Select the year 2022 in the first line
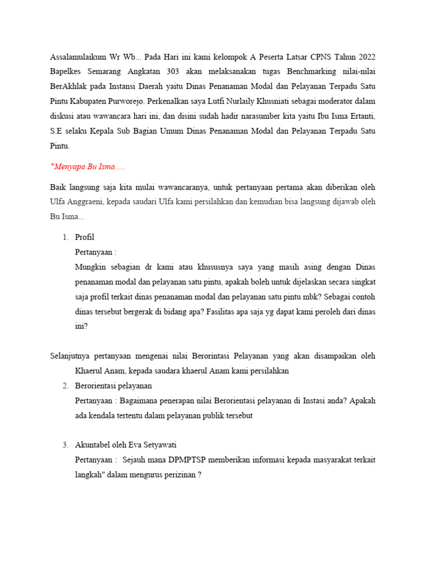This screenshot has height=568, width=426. point(366,58)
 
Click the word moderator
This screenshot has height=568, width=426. point(341,102)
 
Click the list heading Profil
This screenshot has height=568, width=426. point(84,237)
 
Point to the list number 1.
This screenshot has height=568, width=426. point(65,237)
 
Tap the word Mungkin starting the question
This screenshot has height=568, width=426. point(90,266)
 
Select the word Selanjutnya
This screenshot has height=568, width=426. point(72,356)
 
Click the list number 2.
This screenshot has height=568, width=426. point(65,386)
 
